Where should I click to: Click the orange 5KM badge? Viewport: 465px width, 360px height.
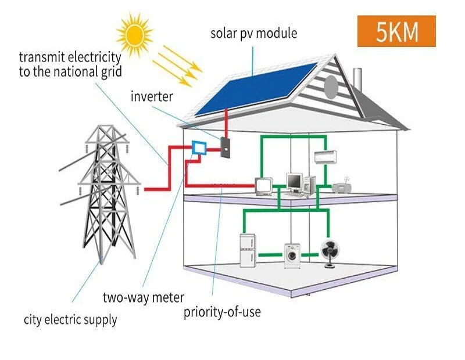(396, 31)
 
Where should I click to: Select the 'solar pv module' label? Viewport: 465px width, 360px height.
(253, 33)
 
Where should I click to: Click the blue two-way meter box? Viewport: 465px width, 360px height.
(199, 148)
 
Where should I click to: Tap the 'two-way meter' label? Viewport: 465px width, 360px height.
(143, 298)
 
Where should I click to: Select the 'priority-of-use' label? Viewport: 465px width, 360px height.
(222, 312)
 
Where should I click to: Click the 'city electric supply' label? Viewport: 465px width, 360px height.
(70, 319)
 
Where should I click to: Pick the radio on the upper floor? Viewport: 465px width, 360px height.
(341, 186)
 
